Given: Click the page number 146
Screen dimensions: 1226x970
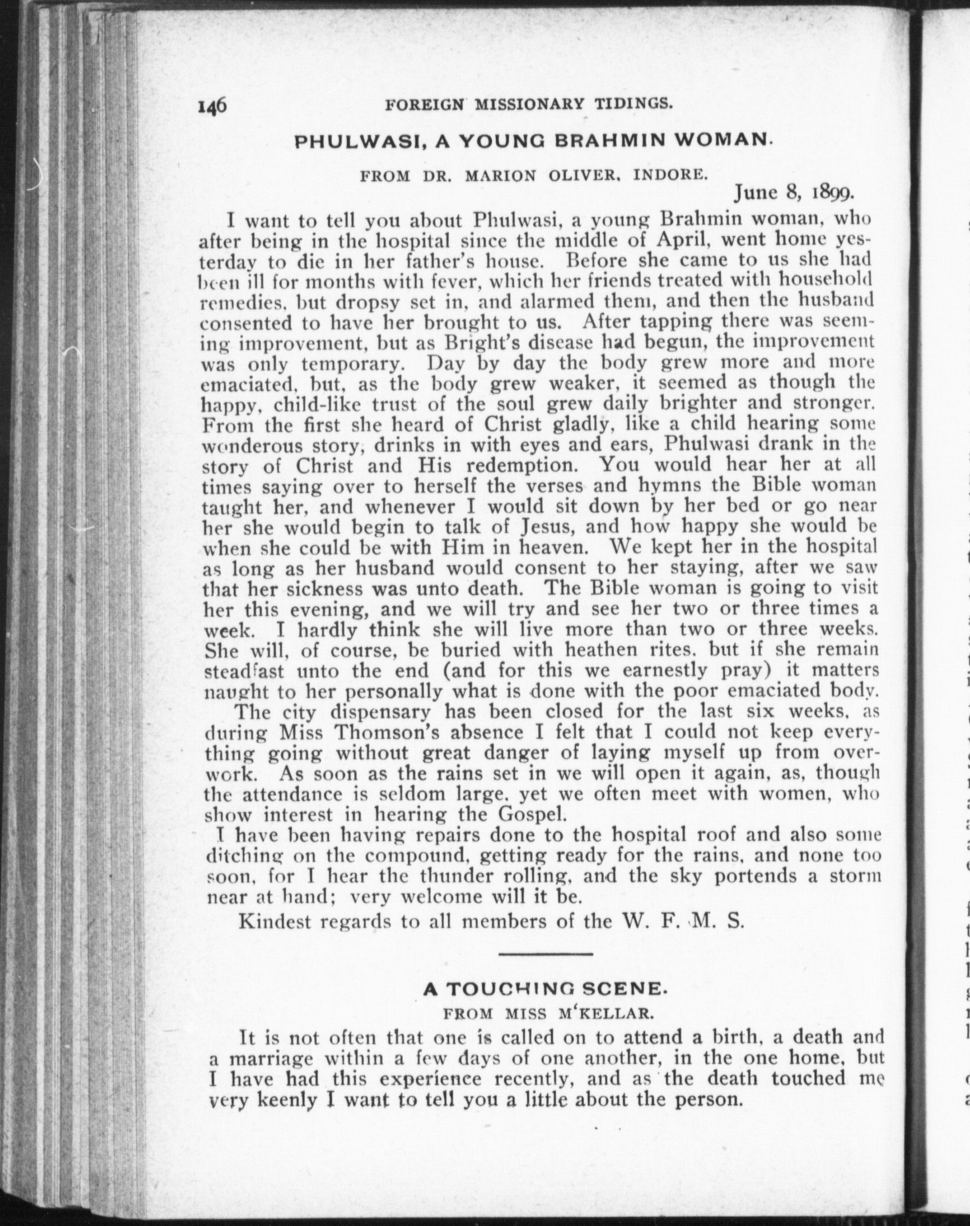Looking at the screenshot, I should (x=213, y=106).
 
